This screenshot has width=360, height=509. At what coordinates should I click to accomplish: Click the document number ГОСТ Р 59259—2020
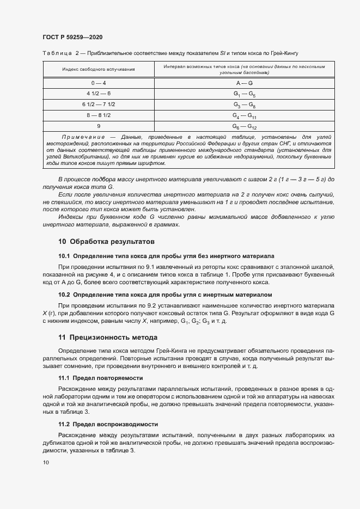(72, 37)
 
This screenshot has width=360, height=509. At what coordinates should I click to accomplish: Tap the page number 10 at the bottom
(46, 462)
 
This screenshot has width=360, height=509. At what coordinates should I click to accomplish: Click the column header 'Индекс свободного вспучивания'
(99, 70)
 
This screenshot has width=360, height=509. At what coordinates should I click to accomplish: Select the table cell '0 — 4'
(99, 83)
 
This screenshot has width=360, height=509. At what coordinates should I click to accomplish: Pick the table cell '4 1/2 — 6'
(99, 94)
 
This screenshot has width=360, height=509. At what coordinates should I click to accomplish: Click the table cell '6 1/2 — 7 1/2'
(99, 104)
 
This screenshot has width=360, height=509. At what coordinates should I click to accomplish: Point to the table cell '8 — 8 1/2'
(99, 115)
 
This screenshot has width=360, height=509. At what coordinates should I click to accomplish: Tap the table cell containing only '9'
(99, 126)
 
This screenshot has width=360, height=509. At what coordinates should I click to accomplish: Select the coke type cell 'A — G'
(244, 83)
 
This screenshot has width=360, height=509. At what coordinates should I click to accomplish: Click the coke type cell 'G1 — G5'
(244, 94)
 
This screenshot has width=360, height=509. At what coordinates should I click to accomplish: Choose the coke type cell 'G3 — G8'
(244, 105)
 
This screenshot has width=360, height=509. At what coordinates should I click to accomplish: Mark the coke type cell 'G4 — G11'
(244, 115)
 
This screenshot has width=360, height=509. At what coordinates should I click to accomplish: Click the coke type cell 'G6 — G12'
(244, 126)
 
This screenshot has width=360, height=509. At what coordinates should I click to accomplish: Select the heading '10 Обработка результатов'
(107, 241)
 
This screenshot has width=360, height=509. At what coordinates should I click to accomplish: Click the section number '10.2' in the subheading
(64, 295)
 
